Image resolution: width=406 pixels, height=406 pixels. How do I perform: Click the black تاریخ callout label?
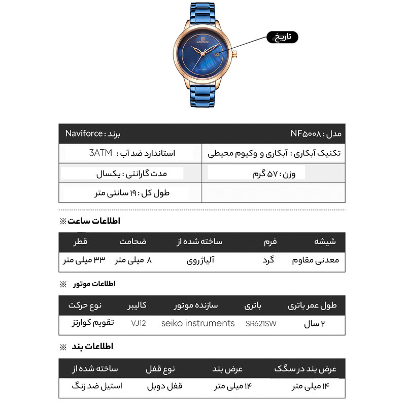(281, 37)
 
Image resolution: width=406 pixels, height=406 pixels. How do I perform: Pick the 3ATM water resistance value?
(100, 153)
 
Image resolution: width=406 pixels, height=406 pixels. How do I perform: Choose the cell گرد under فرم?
(268, 260)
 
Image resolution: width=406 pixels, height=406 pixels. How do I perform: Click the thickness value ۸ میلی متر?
(133, 260)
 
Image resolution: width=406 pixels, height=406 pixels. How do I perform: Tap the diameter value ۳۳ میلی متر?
(84, 260)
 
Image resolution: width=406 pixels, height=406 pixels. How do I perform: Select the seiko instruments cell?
(198, 323)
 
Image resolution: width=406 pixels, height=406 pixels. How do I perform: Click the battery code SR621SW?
(261, 323)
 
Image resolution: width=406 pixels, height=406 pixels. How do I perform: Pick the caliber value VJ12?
(138, 323)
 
